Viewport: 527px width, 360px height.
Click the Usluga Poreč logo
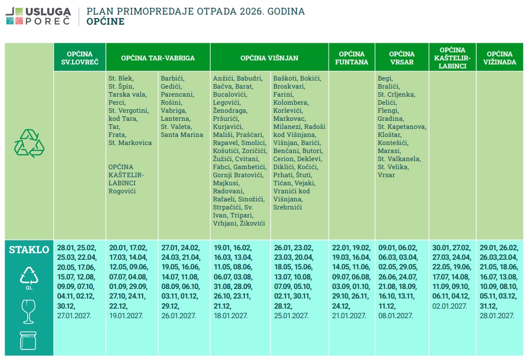tap(38, 16)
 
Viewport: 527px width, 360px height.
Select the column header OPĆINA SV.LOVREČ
tap(80, 58)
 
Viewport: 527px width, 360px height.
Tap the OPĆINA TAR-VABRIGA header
tap(158, 58)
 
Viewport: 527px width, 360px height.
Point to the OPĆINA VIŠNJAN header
tap(269, 58)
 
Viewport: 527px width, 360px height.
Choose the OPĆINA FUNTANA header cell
tap(352, 58)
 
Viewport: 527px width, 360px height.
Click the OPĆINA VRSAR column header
tap(402, 58)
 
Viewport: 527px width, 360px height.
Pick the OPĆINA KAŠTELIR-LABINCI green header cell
tap(452, 57)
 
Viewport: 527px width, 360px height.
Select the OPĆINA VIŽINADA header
tap(499, 58)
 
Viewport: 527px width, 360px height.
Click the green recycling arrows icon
tap(29, 143)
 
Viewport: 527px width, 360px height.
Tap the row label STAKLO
tap(29, 250)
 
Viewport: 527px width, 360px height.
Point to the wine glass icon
tap(28, 312)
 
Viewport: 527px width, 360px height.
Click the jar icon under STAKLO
tap(28, 340)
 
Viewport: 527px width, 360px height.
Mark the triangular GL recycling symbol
tap(28, 276)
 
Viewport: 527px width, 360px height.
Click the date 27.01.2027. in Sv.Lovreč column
tap(75, 315)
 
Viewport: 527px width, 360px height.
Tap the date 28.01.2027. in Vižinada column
tap(497, 315)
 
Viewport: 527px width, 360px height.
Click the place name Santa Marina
tap(182, 134)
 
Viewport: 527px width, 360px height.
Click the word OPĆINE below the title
tap(105, 22)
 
